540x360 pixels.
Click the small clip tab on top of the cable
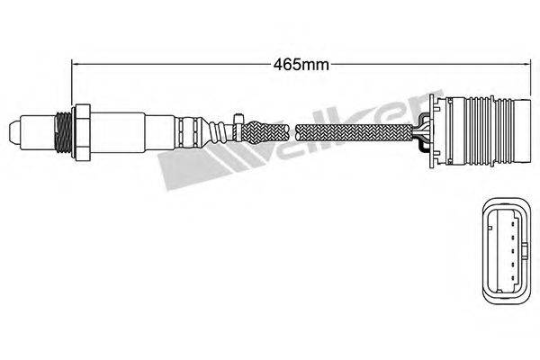coord(236,119)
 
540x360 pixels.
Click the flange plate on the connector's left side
coord(436,131)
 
